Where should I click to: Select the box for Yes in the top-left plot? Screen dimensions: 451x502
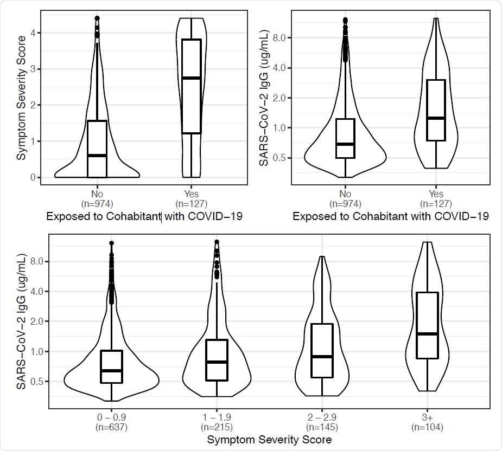tap(191, 87)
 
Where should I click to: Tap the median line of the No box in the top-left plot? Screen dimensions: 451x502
tap(97, 156)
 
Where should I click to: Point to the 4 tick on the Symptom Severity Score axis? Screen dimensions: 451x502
tap(33, 33)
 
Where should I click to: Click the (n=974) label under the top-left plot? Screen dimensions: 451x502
tap(97, 204)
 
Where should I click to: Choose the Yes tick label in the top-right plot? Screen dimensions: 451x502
tap(436, 194)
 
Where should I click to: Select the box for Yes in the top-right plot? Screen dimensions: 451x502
tap(436, 110)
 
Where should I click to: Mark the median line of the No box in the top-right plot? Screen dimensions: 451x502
tap(345, 144)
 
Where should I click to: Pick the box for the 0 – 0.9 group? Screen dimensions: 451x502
tap(111, 366)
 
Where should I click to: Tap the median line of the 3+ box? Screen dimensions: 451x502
tap(427, 334)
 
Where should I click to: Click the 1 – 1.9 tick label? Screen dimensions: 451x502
tap(217, 418)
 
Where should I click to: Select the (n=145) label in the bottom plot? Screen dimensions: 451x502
tap(322, 428)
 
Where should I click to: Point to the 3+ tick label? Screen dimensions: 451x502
tap(427, 418)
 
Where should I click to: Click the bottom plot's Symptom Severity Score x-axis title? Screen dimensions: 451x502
tap(269, 441)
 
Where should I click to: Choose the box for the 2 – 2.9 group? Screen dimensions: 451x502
tap(322, 350)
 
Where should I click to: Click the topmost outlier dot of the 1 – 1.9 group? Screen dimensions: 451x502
tap(217, 242)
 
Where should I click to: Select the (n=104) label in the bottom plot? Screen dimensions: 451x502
tap(427, 428)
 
